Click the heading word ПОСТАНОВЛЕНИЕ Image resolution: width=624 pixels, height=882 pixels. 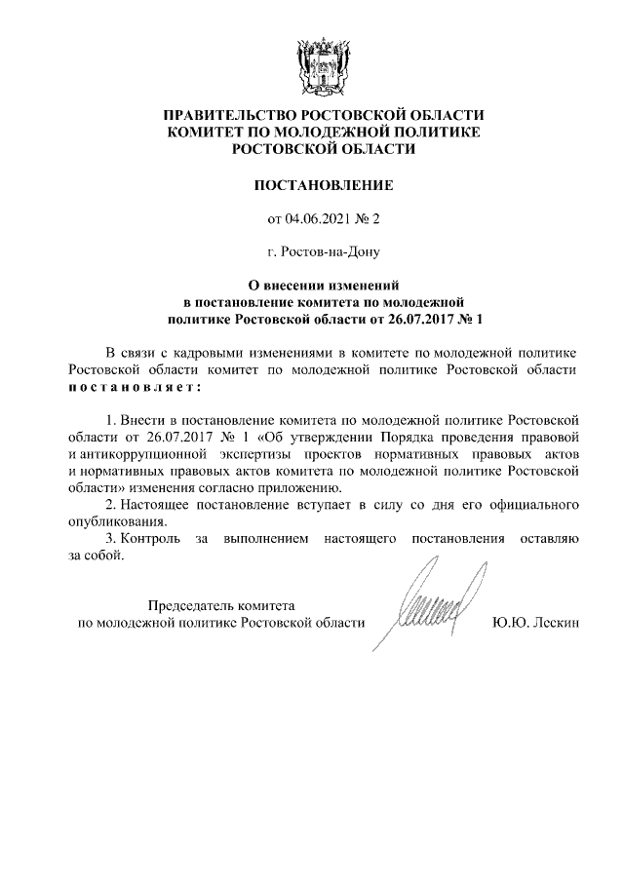click(x=323, y=184)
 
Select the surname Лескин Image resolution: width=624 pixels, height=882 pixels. click(x=556, y=622)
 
